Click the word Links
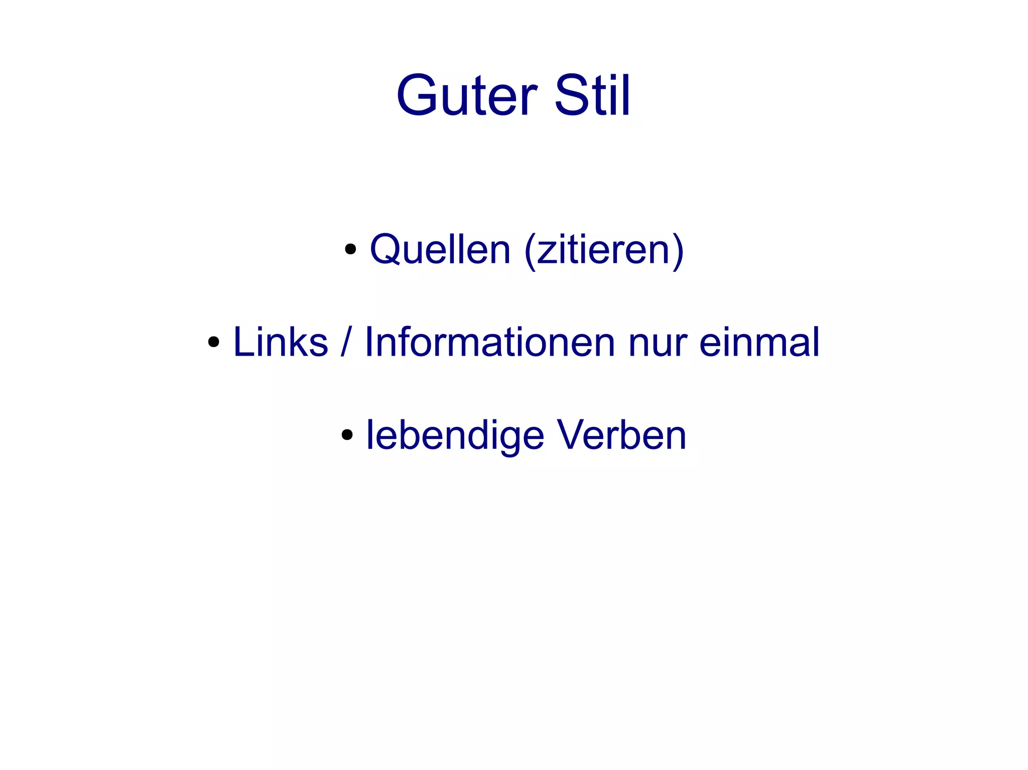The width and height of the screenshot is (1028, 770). (x=281, y=342)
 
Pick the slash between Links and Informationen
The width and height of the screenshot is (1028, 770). (x=345, y=342)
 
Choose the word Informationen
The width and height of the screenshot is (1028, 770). (x=490, y=342)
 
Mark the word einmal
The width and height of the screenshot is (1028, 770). (x=759, y=342)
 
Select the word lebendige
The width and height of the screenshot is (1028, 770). (x=455, y=435)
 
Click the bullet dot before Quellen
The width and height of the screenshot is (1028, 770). (x=350, y=249)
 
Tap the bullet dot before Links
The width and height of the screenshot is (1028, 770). (x=214, y=342)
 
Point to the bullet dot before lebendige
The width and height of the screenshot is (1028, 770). (x=347, y=435)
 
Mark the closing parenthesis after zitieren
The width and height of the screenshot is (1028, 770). (x=678, y=250)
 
